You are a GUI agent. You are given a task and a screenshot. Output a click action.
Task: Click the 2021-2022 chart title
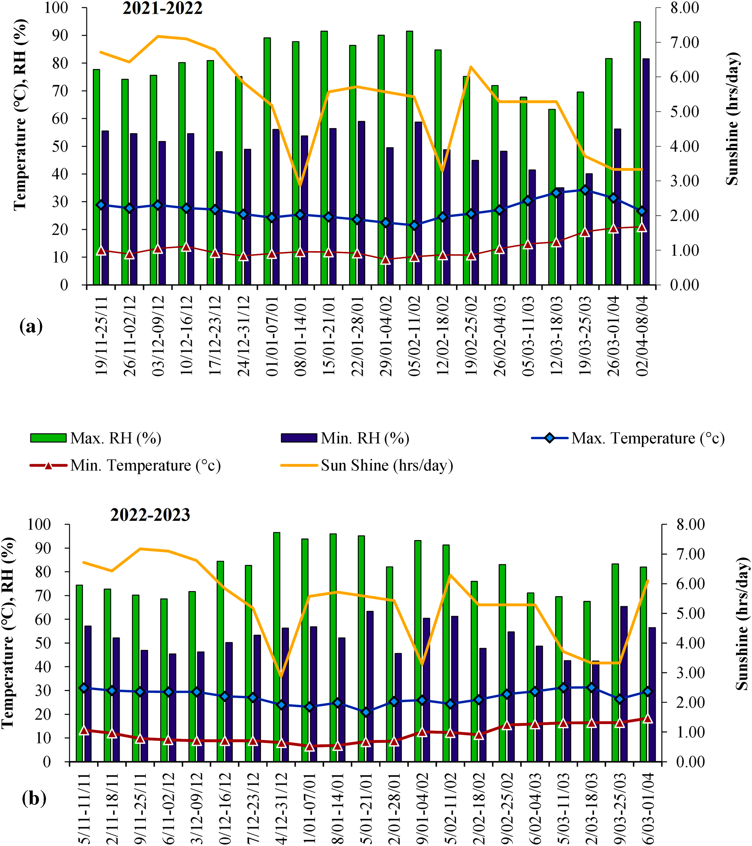click(162, 8)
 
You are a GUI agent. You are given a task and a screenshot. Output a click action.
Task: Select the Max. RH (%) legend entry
click(96, 438)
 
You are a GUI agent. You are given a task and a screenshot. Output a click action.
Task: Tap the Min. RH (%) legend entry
click(346, 438)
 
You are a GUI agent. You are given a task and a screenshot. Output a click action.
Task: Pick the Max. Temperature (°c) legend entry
click(628, 438)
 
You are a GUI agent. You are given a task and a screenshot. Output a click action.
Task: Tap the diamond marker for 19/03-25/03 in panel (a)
click(585, 190)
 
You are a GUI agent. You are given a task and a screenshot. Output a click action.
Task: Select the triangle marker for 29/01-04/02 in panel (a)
click(386, 260)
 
